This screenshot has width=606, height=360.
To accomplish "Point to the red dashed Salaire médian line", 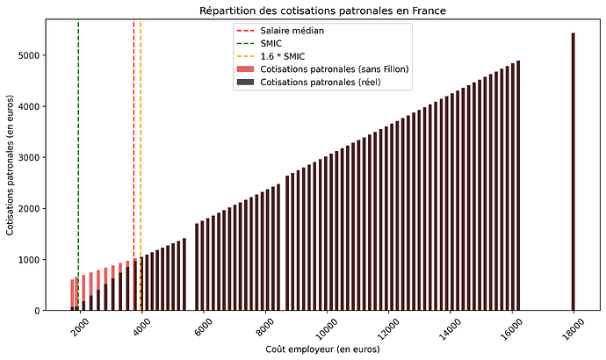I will tap(133, 132).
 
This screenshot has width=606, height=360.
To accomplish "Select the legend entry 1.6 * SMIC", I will tap(284, 56).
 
